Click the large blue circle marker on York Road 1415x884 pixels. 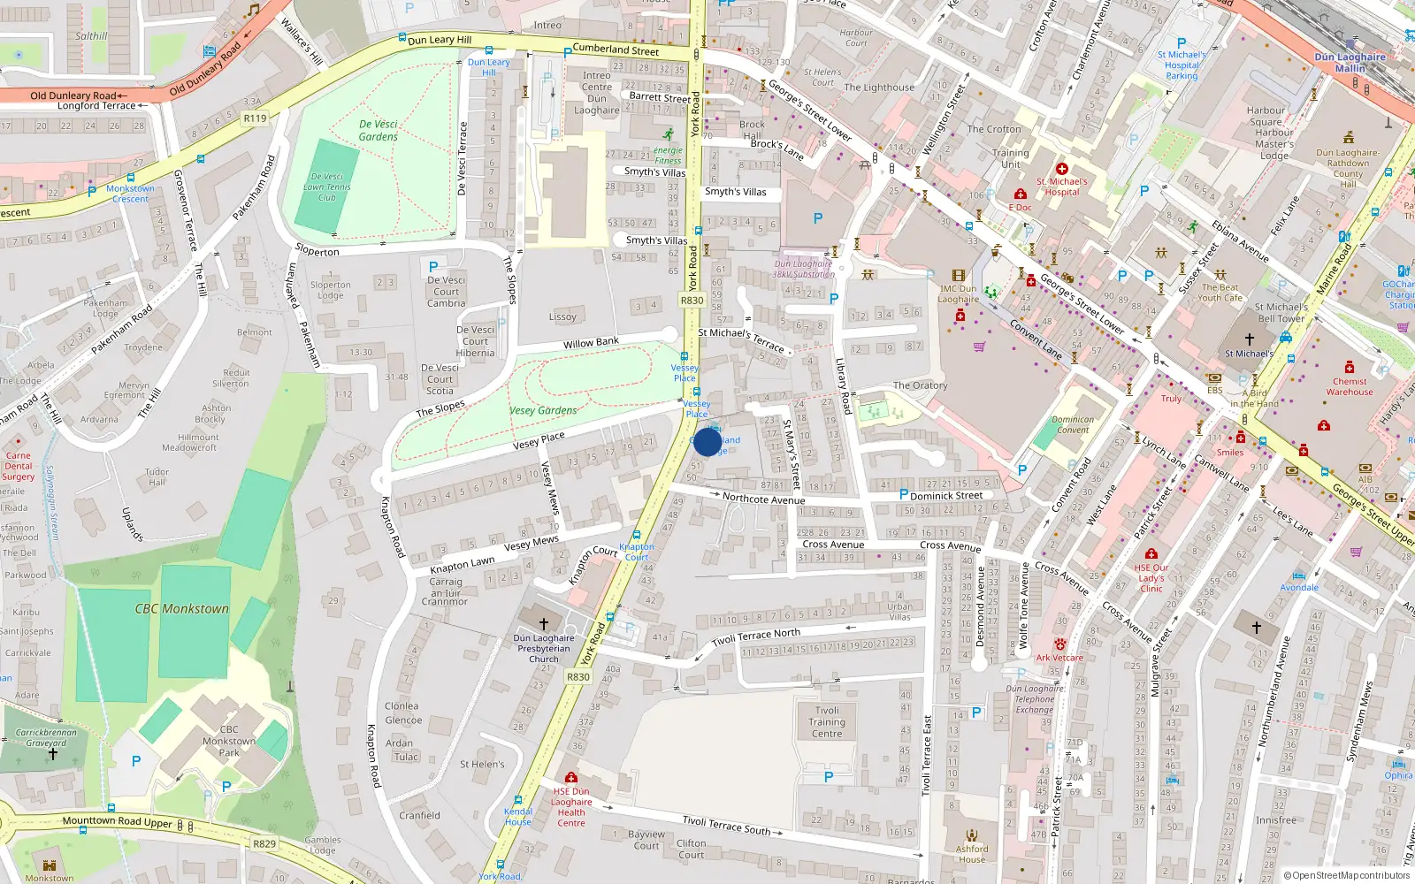click(707, 442)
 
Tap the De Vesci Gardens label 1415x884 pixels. click(379, 130)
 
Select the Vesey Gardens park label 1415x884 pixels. click(543, 410)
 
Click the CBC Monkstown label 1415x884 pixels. click(181, 609)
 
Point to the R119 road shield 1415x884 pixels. click(255, 118)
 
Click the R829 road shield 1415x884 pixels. click(264, 843)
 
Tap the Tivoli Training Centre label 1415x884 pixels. click(827, 721)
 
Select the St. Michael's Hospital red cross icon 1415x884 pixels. click(1062, 168)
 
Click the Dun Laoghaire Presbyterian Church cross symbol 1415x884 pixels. click(544, 623)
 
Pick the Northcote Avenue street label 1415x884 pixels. click(763, 499)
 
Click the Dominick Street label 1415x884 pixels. click(946, 495)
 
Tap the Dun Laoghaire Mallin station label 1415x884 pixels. click(1350, 62)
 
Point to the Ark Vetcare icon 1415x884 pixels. click(1059, 644)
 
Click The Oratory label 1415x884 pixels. click(920, 385)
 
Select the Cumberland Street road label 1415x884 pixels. click(616, 50)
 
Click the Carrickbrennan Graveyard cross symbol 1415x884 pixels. click(53, 754)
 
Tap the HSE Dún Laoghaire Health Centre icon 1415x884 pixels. click(571, 777)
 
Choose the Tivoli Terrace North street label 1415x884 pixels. click(756, 636)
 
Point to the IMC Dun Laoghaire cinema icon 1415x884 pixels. click(958, 276)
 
